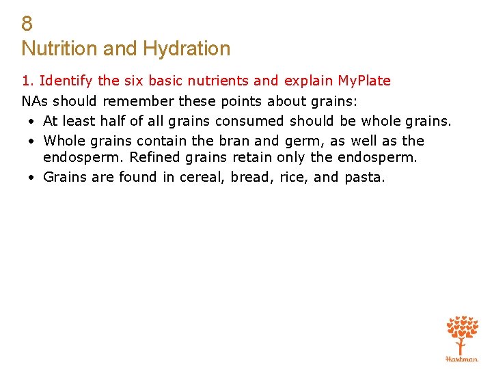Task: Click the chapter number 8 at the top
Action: [27, 24]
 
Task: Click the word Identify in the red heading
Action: [66, 81]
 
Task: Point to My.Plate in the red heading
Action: [364, 81]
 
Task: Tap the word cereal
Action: [202, 178]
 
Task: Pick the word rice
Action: [295, 178]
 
